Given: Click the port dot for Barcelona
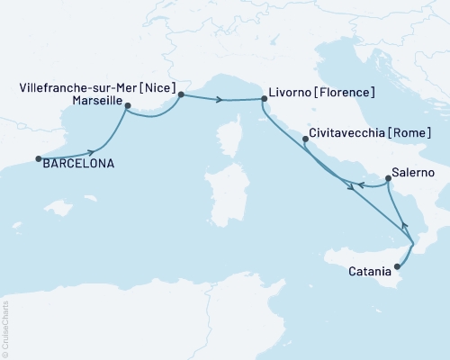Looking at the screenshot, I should (39, 159).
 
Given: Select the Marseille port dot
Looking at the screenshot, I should (128, 106).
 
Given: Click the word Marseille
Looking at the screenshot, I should (95, 102).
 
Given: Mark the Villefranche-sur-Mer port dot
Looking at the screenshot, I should (181, 94).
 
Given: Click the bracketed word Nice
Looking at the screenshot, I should (154, 89).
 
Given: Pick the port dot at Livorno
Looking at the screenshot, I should (264, 100).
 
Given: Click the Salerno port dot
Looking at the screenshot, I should (388, 178).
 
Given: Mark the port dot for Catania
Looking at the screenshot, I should (397, 266).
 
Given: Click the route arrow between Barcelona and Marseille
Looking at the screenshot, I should (92, 152).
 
